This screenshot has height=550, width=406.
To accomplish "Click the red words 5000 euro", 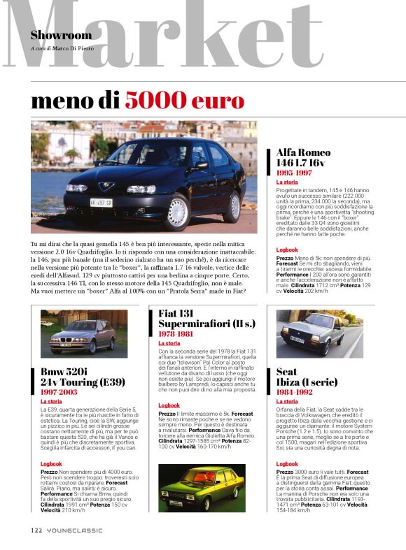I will [185, 100].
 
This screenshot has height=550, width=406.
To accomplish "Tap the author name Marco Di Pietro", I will [78, 49].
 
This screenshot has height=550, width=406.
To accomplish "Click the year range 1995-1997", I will [294, 172].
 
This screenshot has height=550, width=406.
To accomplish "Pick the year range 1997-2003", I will [58, 393].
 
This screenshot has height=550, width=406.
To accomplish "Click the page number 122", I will [36, 528].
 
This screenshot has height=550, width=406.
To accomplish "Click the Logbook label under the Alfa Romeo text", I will [287, 249].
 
